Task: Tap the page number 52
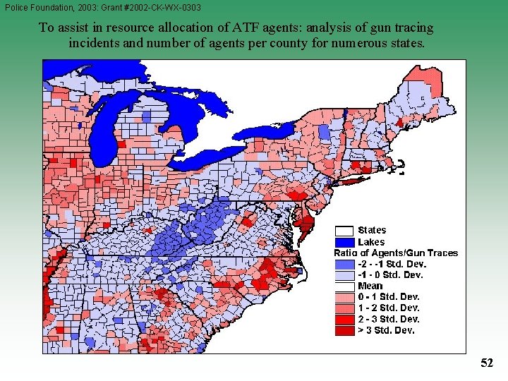(487, 363)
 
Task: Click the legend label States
(372, 230)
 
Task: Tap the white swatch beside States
(344, 230)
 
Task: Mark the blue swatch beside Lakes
(344, 241)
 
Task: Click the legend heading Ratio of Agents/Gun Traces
(396, 253)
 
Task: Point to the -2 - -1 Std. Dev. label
(392, 264)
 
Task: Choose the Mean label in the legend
(370, 286)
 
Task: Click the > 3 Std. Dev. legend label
(387, 330)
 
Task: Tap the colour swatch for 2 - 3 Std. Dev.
(344, 319)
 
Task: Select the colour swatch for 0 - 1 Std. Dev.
(344, 297)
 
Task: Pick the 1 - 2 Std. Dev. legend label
(389, 308)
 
